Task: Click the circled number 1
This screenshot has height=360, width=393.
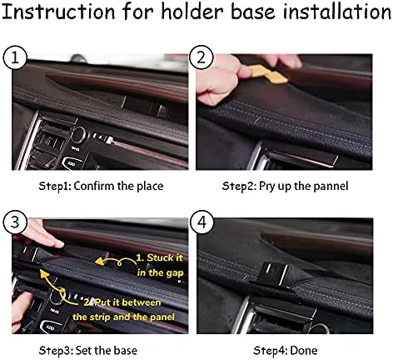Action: click(15, 57)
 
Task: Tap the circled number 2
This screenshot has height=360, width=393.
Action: click(201, 57)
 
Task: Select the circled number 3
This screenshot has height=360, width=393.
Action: click(15, 222)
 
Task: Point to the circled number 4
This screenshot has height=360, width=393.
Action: click(202, 222)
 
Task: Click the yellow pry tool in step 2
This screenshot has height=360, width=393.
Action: click(269, 73)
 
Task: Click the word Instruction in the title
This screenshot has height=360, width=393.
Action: click(58, 12)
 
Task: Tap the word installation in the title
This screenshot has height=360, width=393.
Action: click(337, 12)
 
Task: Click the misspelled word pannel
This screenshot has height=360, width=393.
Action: click(331, 186)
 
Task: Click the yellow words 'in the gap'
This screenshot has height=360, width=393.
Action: click(160, 272)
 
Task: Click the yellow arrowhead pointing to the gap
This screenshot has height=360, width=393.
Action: click(99, 261)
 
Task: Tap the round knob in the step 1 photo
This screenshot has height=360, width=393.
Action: click(78, 134)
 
